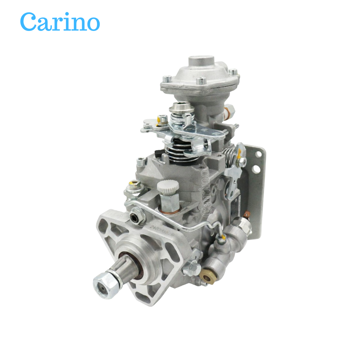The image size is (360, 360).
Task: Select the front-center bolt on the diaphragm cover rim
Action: [x=201, y=82]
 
